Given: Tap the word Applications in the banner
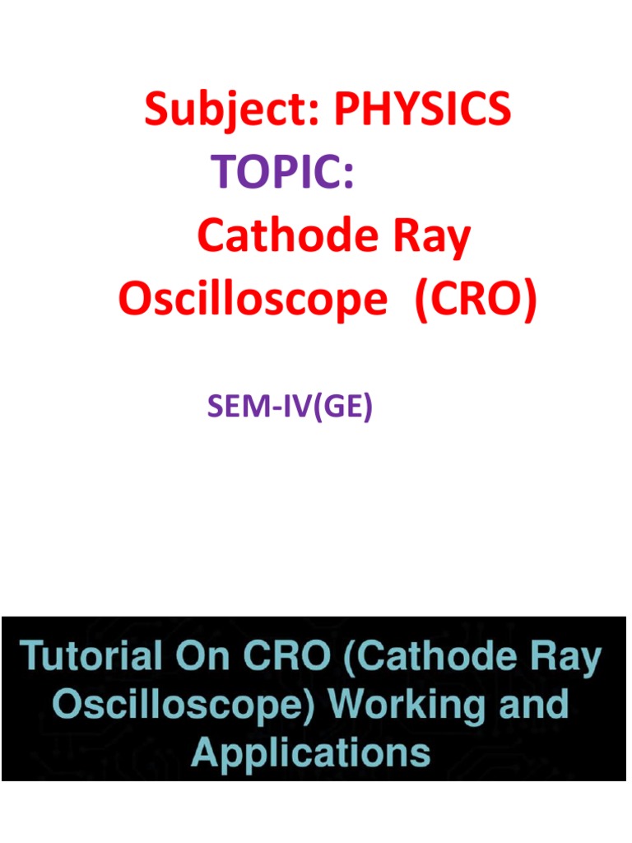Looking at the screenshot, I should click(x=310, y=753).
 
